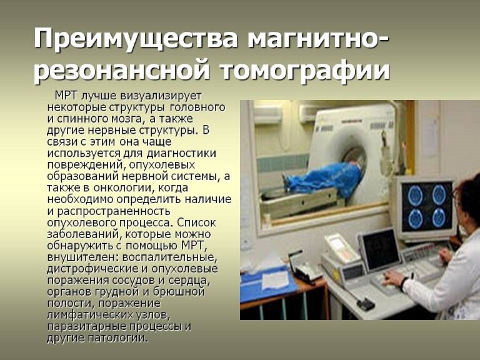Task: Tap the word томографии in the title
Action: [x=305, y=71]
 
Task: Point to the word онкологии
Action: [x=125, y=187]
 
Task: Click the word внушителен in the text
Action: [x=82, y=257]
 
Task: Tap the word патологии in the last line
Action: [x=118, y=338]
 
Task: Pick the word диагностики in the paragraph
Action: [x=181, y=153]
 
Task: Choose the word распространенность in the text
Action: [x=114, y=211]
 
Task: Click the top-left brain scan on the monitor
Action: [x=416, y=195]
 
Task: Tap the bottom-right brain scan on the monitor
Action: [x=439, y=218]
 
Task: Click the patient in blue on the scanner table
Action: [x=325, y=180]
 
